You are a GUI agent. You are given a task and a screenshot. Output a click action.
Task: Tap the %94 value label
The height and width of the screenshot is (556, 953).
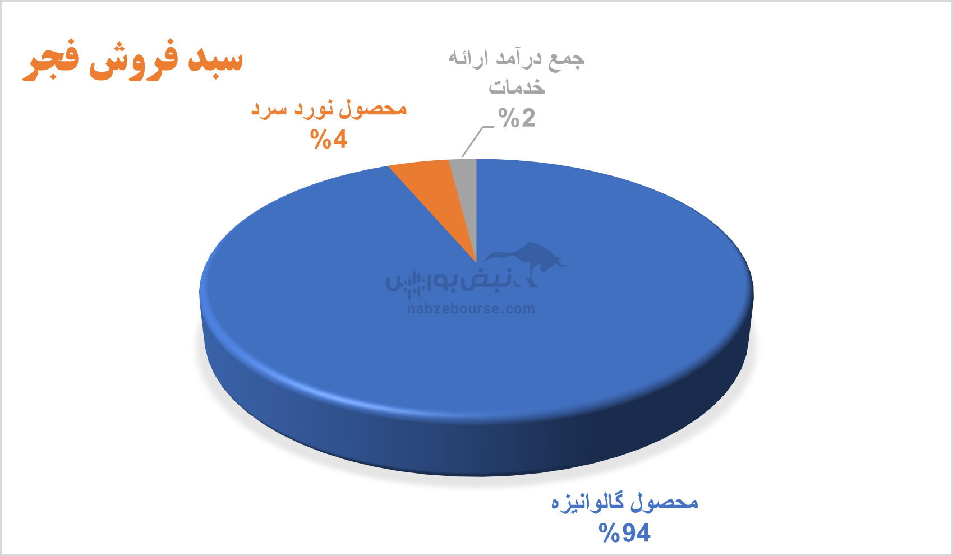click(624, 533)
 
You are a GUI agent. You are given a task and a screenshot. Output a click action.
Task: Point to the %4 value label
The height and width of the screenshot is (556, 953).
click(329, 139)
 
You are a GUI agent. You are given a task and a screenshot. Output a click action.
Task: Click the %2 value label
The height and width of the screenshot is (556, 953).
click(517, 118)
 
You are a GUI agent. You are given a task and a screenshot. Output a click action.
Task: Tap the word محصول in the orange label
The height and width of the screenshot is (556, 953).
click(372, 109)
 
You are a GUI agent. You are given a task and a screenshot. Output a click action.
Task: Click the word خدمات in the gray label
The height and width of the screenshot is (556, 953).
click(517, 86)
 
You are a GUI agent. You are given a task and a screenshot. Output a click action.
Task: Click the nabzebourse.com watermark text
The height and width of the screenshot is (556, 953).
click(471, 309)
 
